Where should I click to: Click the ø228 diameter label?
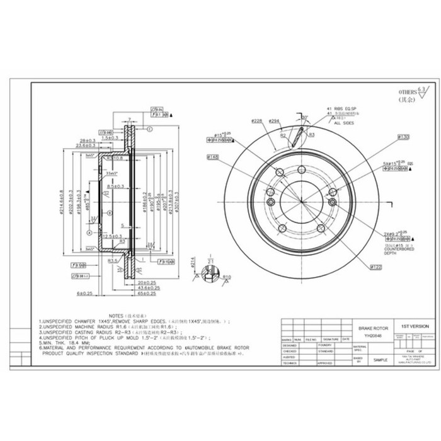pos(256,120)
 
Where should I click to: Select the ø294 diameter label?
pos(273,120)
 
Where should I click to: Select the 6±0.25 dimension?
pos(84,294)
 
